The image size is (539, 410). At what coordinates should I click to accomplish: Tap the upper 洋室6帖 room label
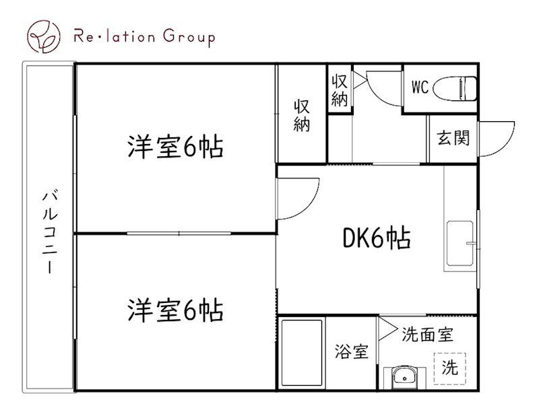click(x=175, y=146)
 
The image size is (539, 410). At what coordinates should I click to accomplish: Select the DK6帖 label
click(x=377, y=238)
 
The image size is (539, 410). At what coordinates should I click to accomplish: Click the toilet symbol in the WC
click(x=455, y=88)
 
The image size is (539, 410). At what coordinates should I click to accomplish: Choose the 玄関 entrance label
click(x=453, y=138)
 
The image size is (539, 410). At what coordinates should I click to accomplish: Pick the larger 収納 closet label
click(x=302, y=115)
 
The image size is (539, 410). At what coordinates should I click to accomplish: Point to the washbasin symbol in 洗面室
click(x=405, y=377)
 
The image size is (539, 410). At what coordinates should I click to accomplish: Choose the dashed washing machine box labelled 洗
click(x=449, y=368)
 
